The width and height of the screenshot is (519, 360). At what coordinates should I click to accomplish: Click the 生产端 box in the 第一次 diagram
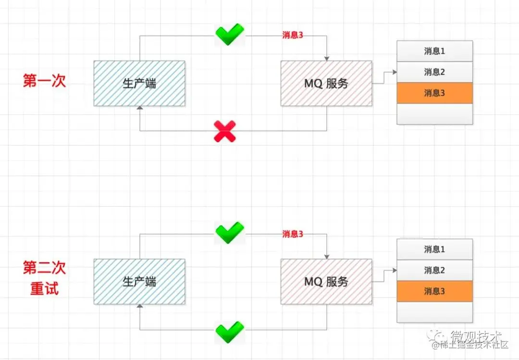click(139, 83)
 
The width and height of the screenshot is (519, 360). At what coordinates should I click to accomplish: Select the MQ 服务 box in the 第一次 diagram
click(326, 83)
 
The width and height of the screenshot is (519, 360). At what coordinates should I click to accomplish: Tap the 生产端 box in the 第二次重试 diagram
click(139, 281)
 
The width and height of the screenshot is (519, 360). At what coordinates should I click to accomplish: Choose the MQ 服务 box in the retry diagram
click(326, 281)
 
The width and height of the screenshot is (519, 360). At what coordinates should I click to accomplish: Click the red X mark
click(225, 131)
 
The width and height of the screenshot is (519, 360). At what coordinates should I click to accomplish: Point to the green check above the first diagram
click(229, 34)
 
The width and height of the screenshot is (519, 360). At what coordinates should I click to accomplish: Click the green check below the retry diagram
click(229, 331)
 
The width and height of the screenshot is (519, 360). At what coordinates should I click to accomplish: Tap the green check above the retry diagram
click(229, 233)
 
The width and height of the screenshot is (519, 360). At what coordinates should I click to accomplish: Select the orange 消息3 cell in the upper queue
click(434, 93)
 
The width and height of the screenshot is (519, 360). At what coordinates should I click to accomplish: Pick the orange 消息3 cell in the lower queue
click(434, 291)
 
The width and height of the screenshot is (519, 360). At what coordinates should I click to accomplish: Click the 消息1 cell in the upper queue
click(434, 51)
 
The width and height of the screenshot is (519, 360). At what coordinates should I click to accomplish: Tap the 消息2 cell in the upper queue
click(434, 72)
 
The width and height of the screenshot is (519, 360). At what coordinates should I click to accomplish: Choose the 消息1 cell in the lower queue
click(434, 249)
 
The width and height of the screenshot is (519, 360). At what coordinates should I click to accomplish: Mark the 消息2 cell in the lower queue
click(434, 270)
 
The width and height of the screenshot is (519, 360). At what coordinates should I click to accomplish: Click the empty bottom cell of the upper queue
click(434, 114)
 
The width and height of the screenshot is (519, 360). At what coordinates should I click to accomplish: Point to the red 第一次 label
click(44, 81)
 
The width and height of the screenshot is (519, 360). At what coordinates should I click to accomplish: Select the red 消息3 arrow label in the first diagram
click(293, 36)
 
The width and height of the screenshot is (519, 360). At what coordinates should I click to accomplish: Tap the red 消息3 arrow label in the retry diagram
click(293, 234)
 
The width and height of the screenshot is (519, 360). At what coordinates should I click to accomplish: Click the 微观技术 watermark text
click(476, 335)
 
